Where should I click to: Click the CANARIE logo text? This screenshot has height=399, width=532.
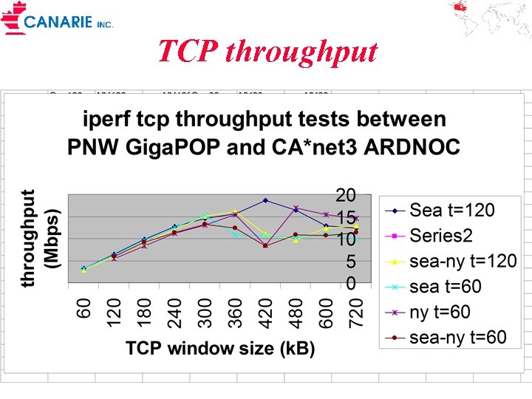(x=59, y=21)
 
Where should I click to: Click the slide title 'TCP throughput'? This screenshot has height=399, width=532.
(x=267, y=52)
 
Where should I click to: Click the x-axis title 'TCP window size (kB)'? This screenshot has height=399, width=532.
(x=220, y=348)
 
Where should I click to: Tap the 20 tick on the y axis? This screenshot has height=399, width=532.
(x=346, y=195)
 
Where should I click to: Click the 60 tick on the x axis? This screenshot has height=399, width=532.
(x=85, y=308)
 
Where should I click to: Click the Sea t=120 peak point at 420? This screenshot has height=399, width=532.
(x=265, y=200)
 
